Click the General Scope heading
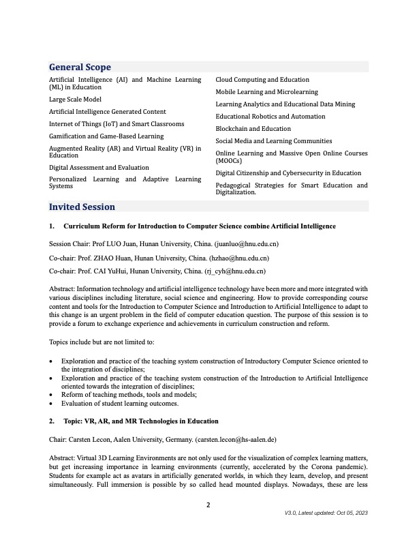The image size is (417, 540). (x=80, y=67)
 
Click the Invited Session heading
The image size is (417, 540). (x=82, y=207)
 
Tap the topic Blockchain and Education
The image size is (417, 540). (x=253, y=128)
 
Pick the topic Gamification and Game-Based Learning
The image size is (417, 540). (x=106, y=136)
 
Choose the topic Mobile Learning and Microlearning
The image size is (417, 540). (x=266, y=91)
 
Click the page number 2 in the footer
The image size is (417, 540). (x=208, y=505)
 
